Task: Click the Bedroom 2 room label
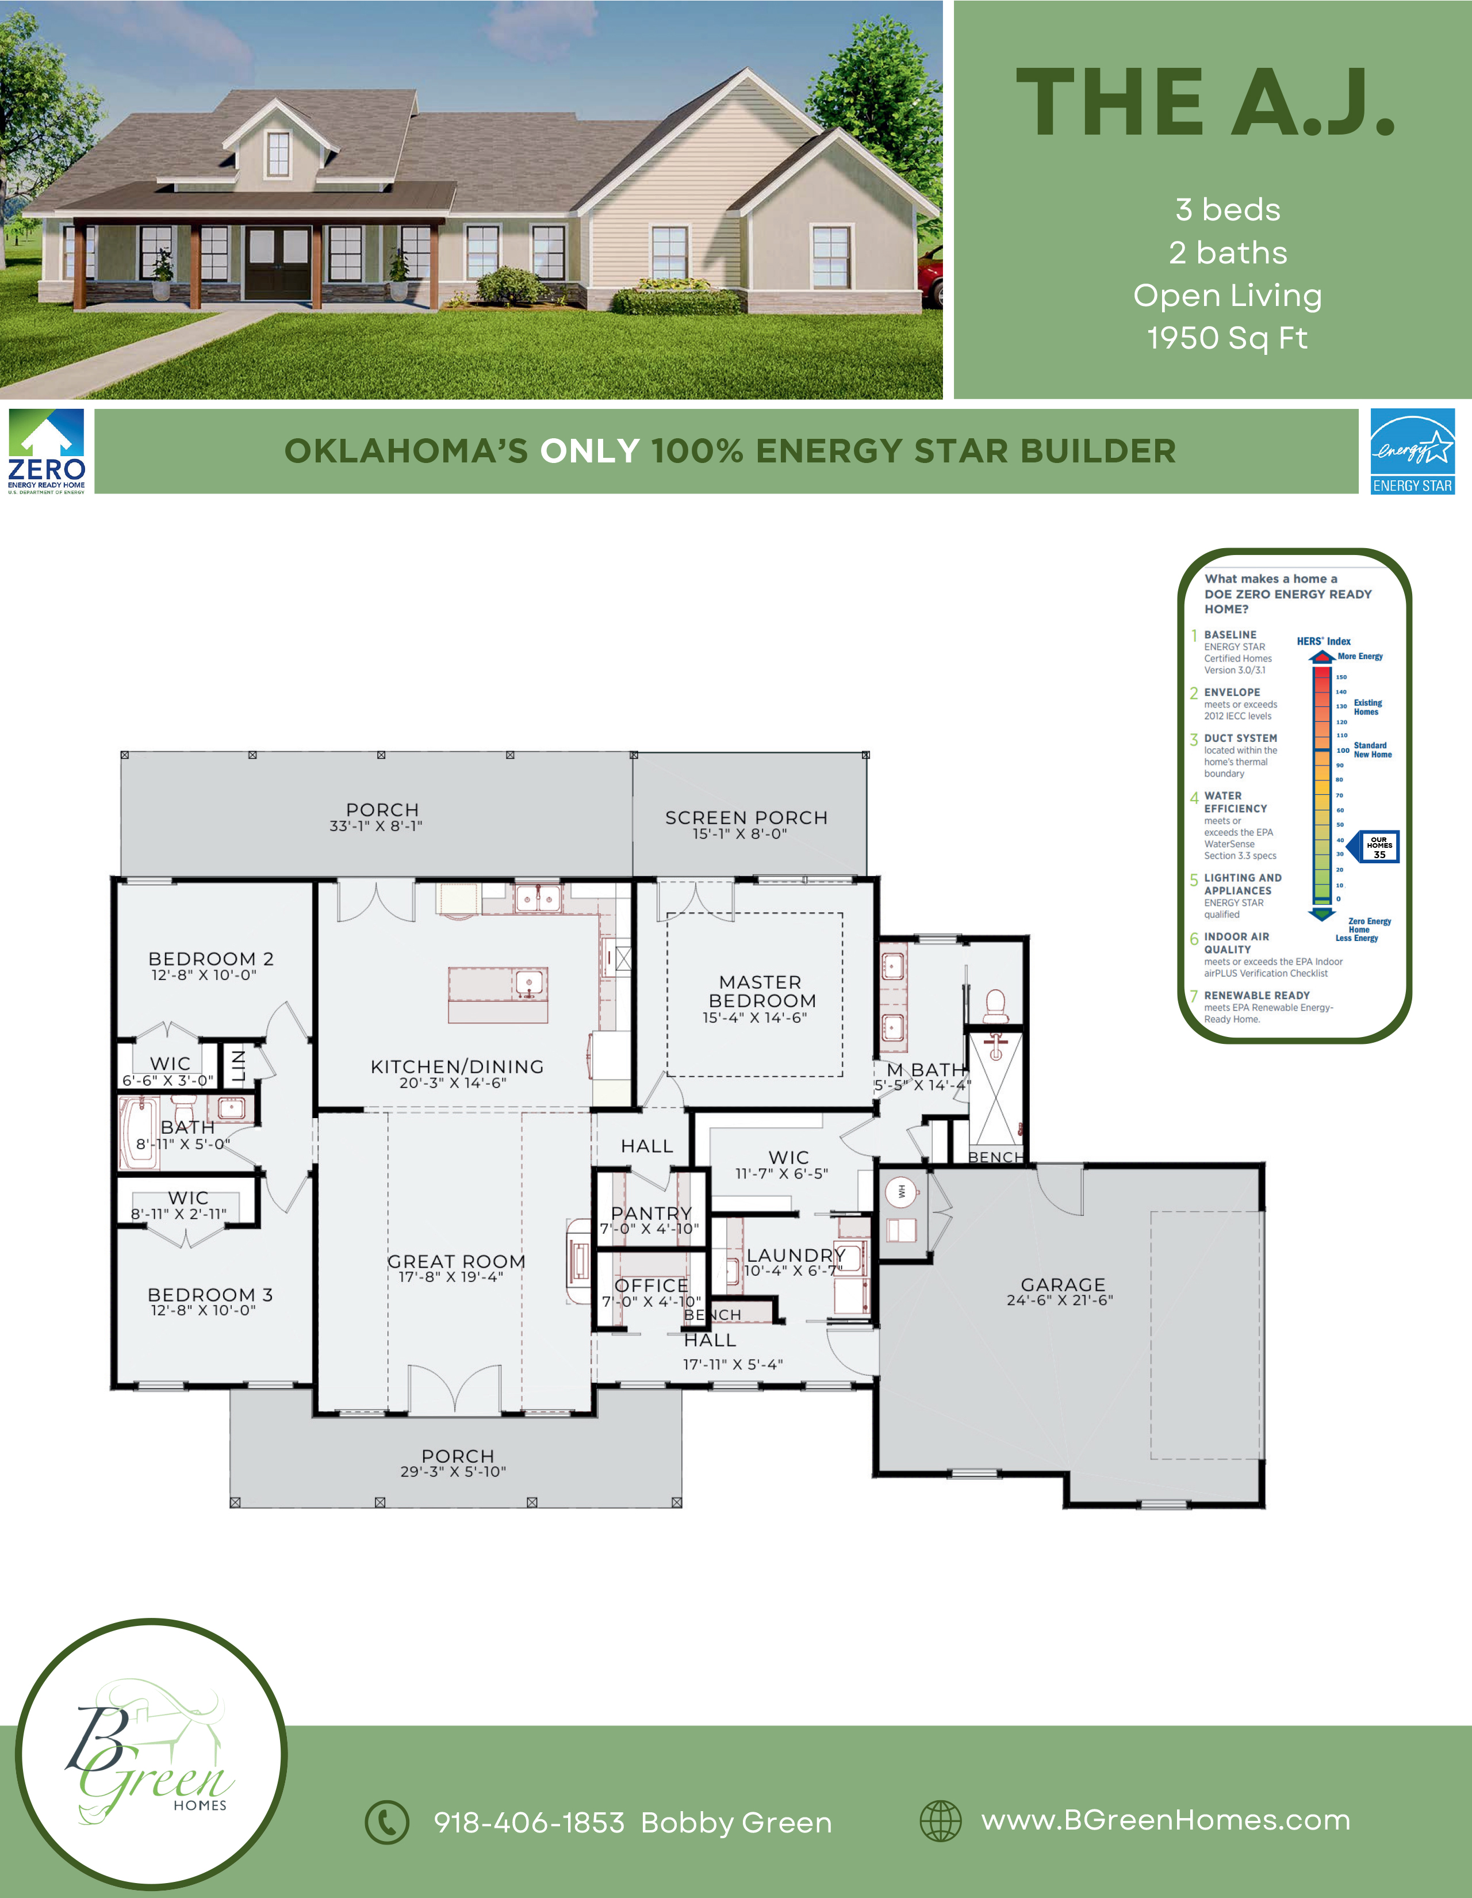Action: point(211,959)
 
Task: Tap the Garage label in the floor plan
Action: point(1063,1284)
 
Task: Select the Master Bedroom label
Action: point(762,992)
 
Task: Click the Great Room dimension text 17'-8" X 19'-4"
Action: point(451,1277)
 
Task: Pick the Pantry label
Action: point(651,1213)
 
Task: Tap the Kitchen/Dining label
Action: point(457,1066)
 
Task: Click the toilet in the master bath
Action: point(995,1007)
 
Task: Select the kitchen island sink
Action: point(527,984)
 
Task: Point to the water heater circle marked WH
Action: point(903,1190)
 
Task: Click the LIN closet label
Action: point(238,1065)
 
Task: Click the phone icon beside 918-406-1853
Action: point(386,1822)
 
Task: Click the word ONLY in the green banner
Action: point(590,451)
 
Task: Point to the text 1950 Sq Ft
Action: point(1227,338)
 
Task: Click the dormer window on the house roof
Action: point(278,154)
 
